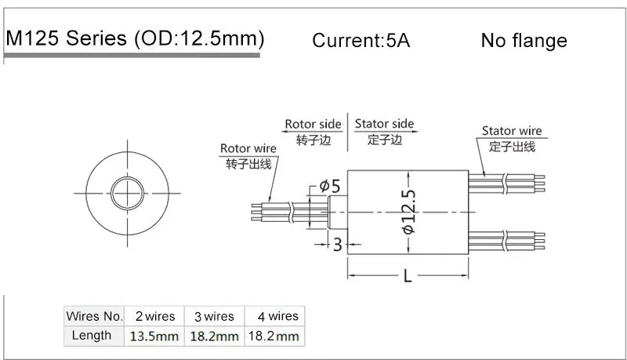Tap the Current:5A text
pos(361,41)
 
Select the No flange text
pos(524,40)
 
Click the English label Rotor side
pos(313,125)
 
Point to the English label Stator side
pos(384,125)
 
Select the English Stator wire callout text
pos(512,131)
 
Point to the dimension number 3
pos(338,245)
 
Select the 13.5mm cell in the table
pos(154,336)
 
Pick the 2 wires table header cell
pos(154,316)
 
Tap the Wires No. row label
pos(95,316)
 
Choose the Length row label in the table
pos(92,336)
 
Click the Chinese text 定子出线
pos(512,146)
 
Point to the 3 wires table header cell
pos(214,316)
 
